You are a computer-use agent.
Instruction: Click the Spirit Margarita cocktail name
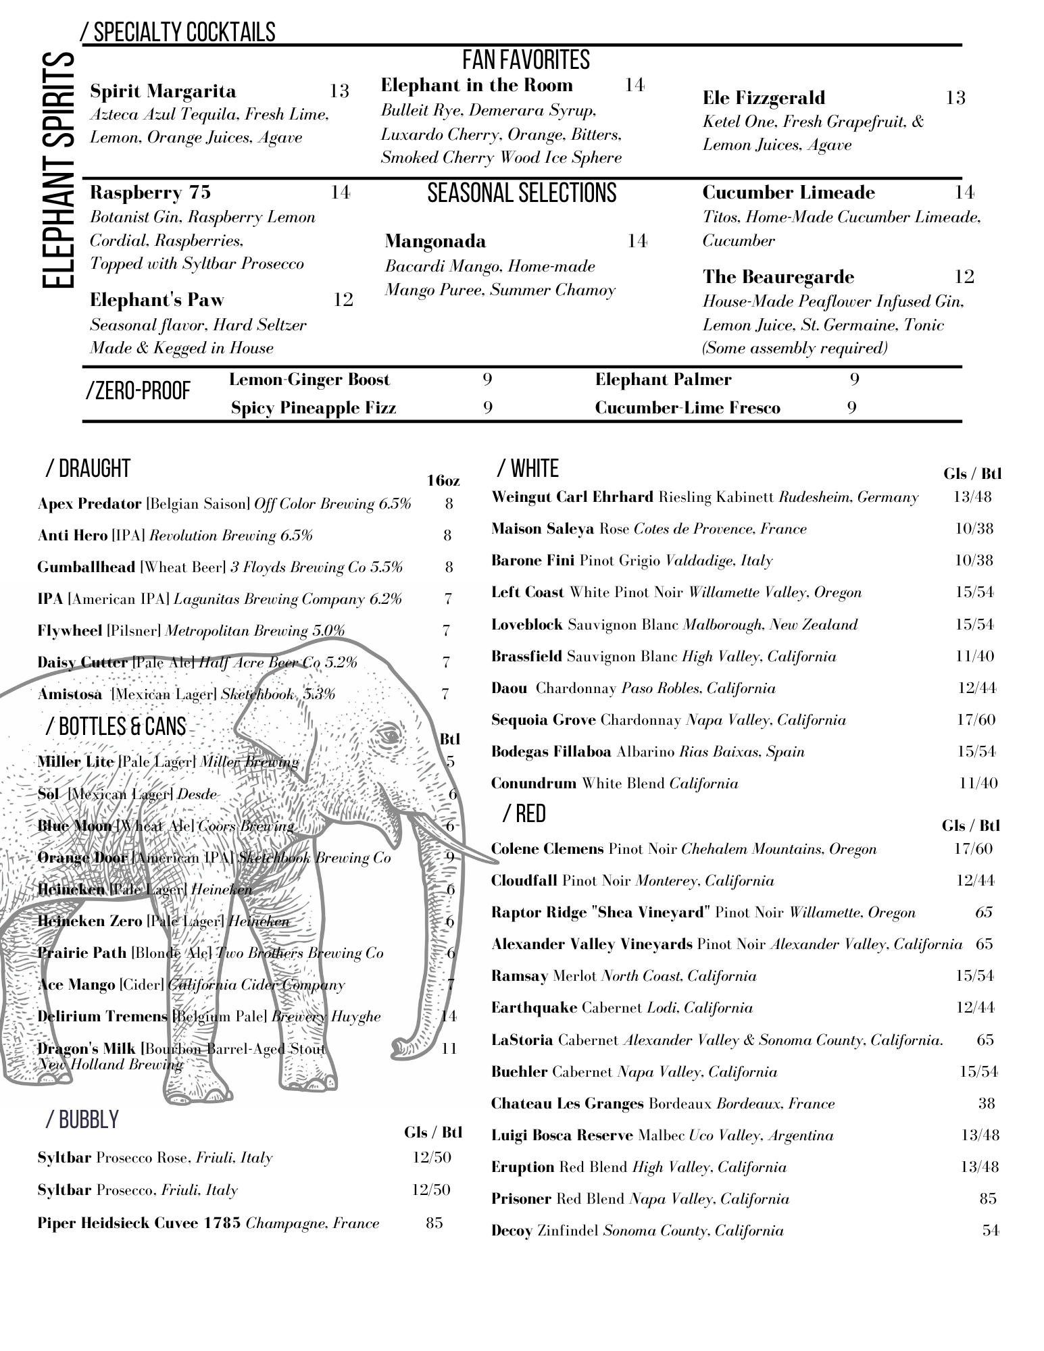coord(163,91)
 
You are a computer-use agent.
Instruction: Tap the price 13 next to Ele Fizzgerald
coord(955,98)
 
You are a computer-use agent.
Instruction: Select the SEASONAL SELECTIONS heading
coord(522,193)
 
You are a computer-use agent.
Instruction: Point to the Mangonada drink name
coord(435,241)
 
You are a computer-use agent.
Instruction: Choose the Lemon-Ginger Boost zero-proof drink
coord(309,380)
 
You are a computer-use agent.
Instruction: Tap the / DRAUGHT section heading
coord(88,468)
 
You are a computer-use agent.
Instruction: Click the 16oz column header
coord(443,481)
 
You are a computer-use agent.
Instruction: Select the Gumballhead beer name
coord(86,567)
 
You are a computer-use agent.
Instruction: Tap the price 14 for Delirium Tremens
coord(449,1016)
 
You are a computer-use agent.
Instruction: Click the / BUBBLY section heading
coord(82,1120)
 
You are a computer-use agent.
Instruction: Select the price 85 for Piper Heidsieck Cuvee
coord(434,1223)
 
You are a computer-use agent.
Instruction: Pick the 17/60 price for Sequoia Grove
coord(976,720)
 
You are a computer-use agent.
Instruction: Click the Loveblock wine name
coord(526,625)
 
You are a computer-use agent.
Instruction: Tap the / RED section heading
coord(524,814)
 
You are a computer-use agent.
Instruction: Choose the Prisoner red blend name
coord(521,1199)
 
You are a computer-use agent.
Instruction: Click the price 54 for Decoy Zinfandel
coord(990,1231)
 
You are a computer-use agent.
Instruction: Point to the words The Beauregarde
coord(778,277)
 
